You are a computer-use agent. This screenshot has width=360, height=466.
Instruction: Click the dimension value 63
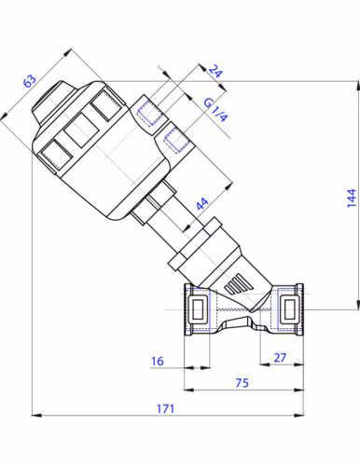(x=30, y=81)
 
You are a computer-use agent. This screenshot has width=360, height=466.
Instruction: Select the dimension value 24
(x=215, y=71)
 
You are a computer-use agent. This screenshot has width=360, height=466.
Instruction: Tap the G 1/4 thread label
(x=215, y=110)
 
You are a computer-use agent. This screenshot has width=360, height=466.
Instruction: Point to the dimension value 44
(x=202, y=203)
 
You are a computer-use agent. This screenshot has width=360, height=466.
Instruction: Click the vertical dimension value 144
(x=352, y=198)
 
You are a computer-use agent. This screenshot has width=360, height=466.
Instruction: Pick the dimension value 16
(x=158, y=362)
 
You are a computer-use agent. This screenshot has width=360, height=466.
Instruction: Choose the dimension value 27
(x=280, y=358)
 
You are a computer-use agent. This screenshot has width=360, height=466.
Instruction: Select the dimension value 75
(x=242, y=383)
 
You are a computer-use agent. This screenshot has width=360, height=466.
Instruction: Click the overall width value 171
(x=165, y=408)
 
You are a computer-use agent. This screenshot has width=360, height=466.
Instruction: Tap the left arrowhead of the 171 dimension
(x=36, y=415)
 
